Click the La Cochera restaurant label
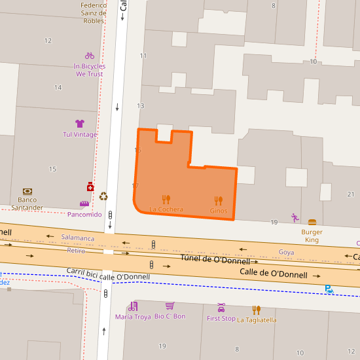pyautogui.click(x=166, y=209)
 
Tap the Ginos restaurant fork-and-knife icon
pyautogui.click(x=219, y=200)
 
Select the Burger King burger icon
pyautogui.click(x=312, y=223)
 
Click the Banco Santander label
pyautogui.click(x=27, y=204)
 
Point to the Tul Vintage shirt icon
pyautogui.click(x=80, y=124)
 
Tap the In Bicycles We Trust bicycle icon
pyautogui.click(x=89, y=56)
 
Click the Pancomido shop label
pyautogui.click(x=84, y=214)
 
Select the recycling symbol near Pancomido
pyautogui.click(x=103, y=196)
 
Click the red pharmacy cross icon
pyautogui.click(x=90, y=187)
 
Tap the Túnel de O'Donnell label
pyautogui.click(x=215, y=260)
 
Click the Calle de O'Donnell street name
pyautogui.click(x=273, y=274)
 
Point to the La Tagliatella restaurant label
pyautogui.click(x=257, y=320)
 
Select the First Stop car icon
pyautogui.click(x=221, y=307)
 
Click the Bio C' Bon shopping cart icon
pyautogui.click(x=170, y=306)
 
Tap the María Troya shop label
pyautogui.click(x=133, y=317)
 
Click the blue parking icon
pyautogui.click(x=329, y=289)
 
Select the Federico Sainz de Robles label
pyautogui.click(x=94, y=12)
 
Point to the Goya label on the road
pyautogui.click(x=286, y=252)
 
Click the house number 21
pyautogui.click(x=351, y=194)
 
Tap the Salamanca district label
pyautogui.click(x=77, y=238)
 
